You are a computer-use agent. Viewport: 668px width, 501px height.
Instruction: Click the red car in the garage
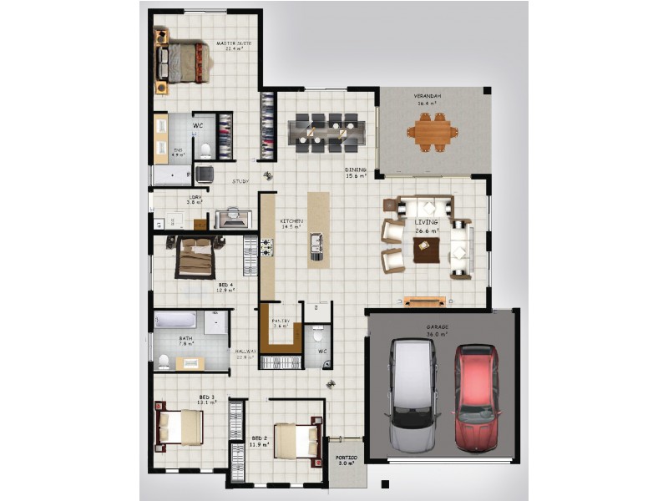[x=476, y=397]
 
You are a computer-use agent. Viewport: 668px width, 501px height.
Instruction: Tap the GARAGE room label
[x=438, y=327]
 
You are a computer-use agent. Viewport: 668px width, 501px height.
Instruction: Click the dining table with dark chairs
[x=326, y=130]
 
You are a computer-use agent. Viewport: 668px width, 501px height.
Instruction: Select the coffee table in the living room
[x=427, y=249]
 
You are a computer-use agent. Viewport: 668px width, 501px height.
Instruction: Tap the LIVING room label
[x=427, y=223]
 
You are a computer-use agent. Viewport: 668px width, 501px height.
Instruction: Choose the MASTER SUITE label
[x=233, y=43]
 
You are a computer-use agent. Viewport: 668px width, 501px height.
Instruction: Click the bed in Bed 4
[x=195, y=258]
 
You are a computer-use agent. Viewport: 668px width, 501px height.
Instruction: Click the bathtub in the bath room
[x=175, y=321]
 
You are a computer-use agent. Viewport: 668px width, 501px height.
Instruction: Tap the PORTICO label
[x=347, y=458]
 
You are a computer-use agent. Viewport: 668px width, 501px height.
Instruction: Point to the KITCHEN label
[x=291, y=221]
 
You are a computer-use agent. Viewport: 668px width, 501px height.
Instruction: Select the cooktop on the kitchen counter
[x=268, y=247]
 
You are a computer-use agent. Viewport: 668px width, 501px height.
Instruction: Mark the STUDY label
[x=240, y=181]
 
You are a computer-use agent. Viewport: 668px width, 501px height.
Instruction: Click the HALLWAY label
[x=245, y=352]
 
